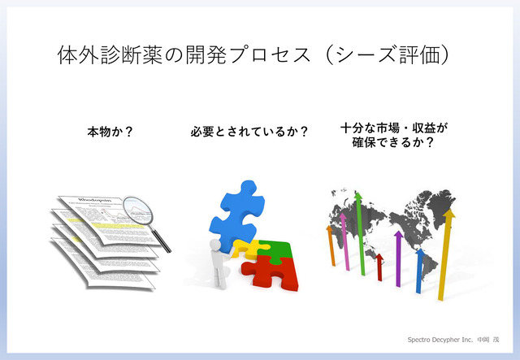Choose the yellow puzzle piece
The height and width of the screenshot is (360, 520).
[245, 248]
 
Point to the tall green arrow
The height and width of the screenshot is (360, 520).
[357, 232]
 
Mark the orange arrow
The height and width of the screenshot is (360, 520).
[330, 247]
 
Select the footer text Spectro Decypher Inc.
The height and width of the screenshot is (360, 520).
[439, 336]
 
